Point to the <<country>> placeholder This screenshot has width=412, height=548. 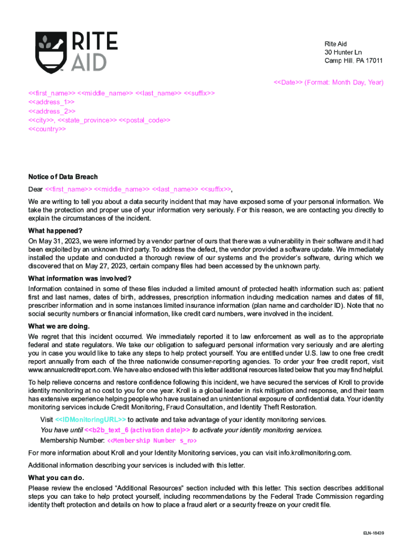pos(47,130)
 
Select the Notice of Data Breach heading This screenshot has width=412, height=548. pos(63,177)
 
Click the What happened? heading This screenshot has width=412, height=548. pos(55,231)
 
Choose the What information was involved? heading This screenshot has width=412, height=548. pos(80,278)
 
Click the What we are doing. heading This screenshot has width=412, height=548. pos(59,326)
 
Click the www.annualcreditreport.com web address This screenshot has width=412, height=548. pos(69,370)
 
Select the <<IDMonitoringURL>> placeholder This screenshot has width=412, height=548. pos(90,419)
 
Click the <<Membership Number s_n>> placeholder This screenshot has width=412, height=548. pos(152,440)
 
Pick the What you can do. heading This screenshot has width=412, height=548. pos(56,477)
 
